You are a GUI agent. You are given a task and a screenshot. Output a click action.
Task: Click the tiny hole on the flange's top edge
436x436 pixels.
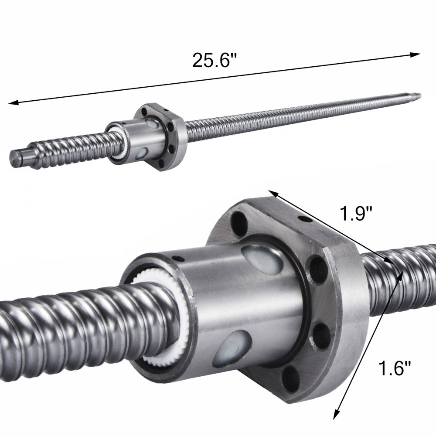click(301, 218)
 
